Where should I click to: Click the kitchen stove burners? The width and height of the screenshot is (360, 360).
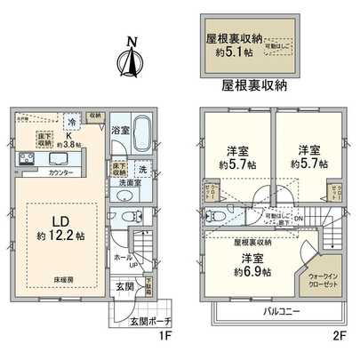tap(27, 159)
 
